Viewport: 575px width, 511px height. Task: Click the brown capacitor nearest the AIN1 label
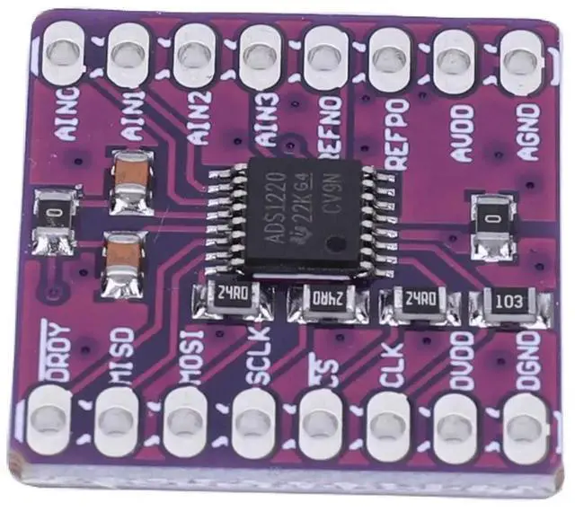pyautogui.click(x=131, y=182)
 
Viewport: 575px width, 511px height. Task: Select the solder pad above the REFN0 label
pyautogui.click(x=325, y=56)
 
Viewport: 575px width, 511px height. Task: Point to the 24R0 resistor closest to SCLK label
pyautogui.click(x=230, y=296)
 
